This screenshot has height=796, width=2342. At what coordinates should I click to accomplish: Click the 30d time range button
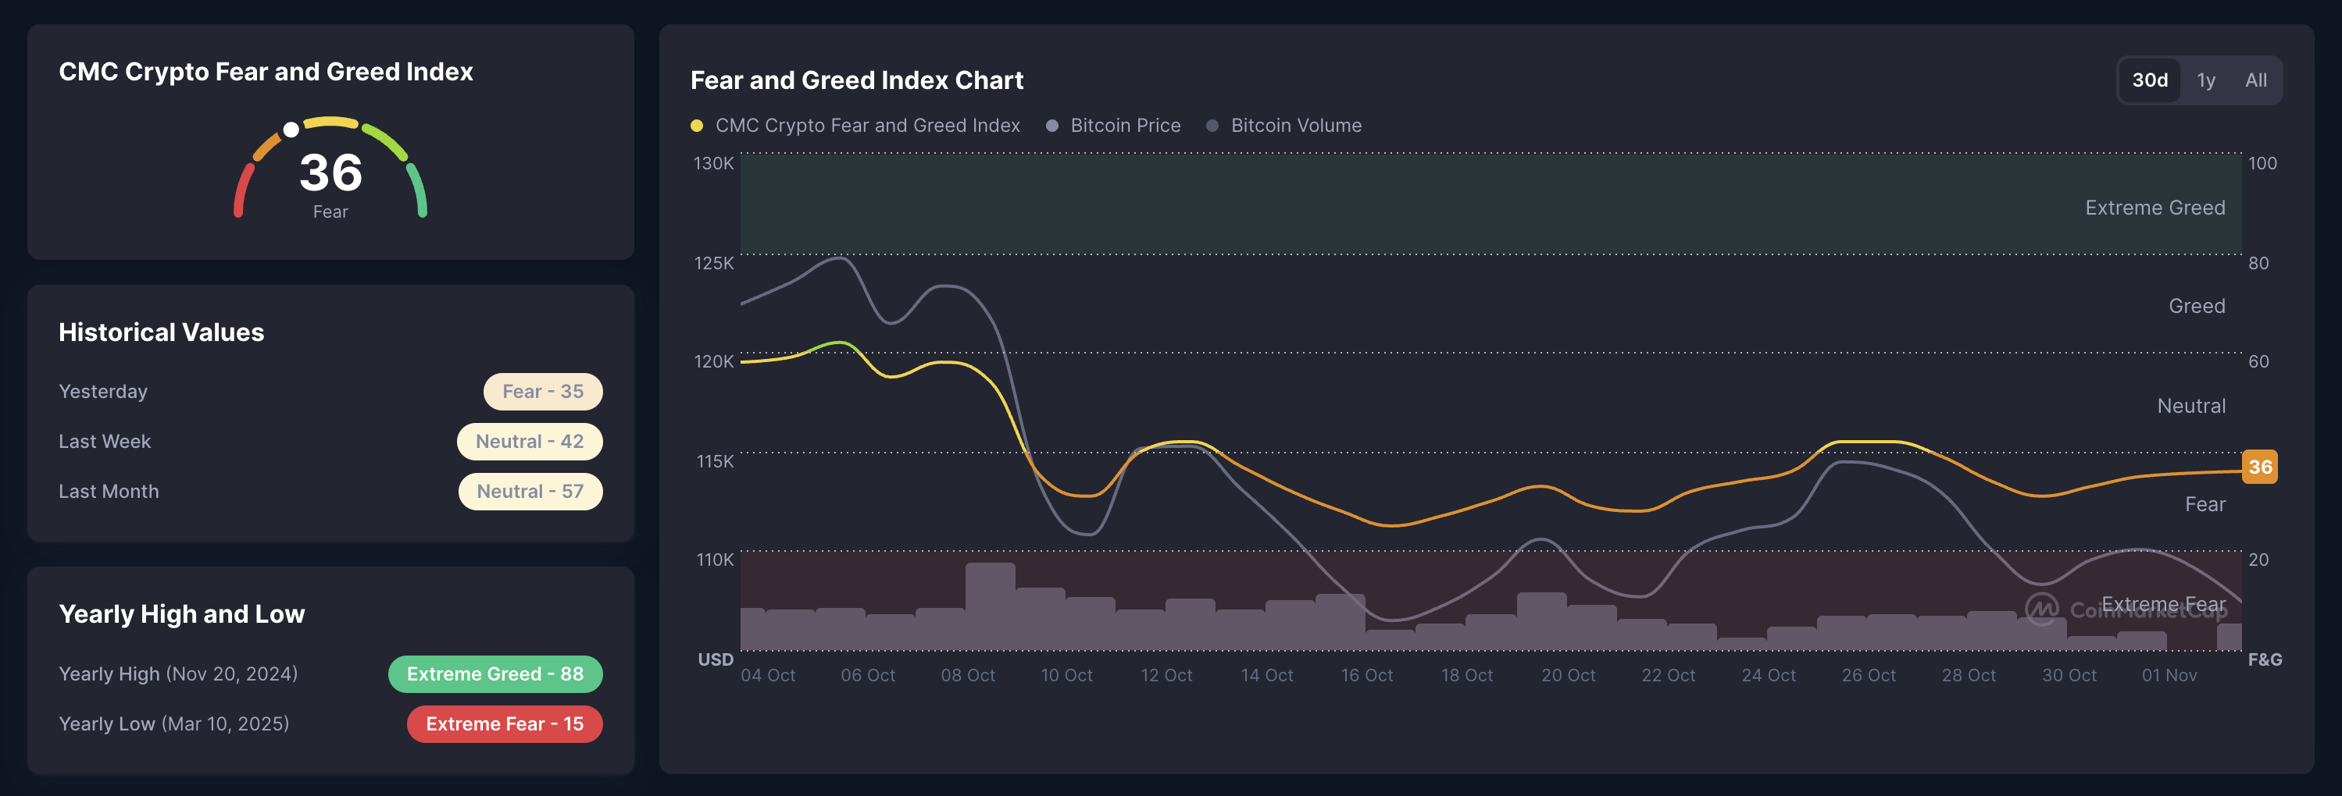click(2149, 80)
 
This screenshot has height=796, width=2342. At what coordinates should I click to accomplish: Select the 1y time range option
click(2205, 80)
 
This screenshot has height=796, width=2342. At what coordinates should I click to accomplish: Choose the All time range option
click(2255, 80)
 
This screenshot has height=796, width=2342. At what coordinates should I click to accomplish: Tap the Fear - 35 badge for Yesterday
click(543, 392)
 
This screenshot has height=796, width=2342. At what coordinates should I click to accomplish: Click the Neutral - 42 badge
click(529, 442)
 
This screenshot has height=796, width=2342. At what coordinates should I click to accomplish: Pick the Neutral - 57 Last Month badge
click(530, 492)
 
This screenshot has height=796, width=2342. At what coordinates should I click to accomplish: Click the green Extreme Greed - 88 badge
click(494, 674)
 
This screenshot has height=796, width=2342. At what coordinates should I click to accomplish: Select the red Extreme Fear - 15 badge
click(504, 724)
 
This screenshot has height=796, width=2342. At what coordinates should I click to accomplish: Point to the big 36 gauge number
click(331, 172)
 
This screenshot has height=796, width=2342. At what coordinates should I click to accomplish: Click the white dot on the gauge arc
click(291, 130)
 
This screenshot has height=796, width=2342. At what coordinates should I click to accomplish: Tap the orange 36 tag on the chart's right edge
click(2259, 467)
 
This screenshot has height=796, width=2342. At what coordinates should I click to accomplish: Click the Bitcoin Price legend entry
click(1125, 126)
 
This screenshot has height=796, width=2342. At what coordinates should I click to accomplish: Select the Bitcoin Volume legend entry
click(1294, 126)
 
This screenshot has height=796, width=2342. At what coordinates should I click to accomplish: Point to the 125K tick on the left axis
click(714, 263)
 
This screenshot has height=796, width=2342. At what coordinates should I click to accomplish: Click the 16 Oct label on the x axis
click(1366, 675)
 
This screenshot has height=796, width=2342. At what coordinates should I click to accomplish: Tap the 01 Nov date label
click(2169, 675)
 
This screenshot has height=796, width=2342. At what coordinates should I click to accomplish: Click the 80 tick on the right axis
click(2258, 263)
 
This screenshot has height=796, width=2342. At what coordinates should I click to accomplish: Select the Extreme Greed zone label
click(2155, 208)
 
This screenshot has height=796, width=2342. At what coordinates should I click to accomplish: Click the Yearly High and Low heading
click(182, 614)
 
